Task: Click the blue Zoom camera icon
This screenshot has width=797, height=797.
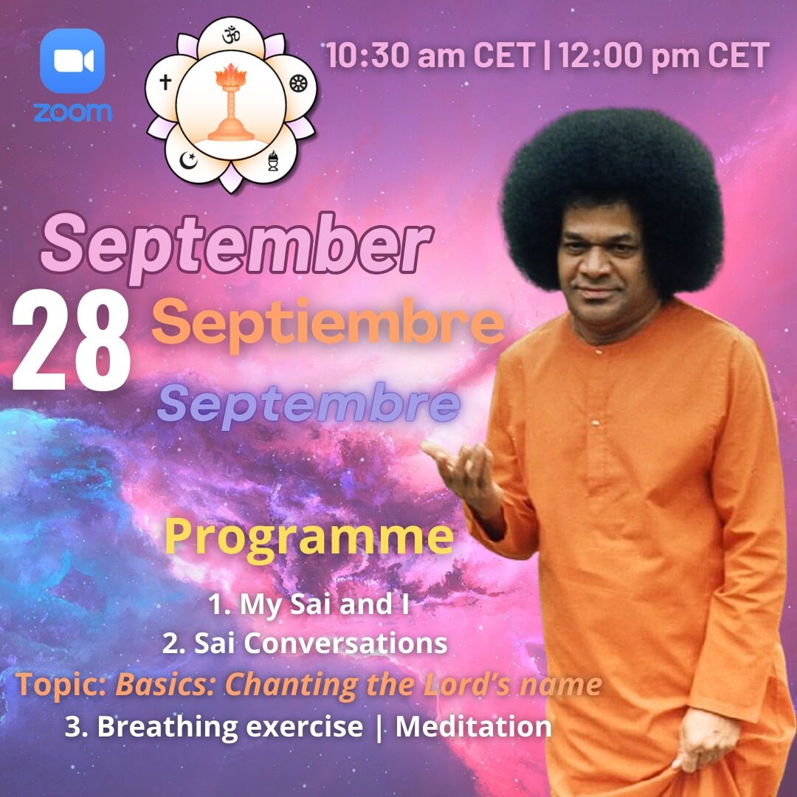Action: [x=72, y=61]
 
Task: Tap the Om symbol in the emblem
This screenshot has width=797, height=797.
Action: [x=231, y=35]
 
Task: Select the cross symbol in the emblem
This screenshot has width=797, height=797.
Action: [x=165, y=82]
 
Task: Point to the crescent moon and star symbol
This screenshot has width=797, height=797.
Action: [x=189, y=161]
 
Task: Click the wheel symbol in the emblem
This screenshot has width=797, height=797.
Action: [x=297, y=83]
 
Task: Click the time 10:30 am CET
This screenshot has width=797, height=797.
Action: [x=431, y=55]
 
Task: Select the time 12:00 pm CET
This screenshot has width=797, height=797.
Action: [x=664, y=55]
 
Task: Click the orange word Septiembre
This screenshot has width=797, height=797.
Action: [x=328, y=324]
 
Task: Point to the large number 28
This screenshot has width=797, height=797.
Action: [x=71, y=340]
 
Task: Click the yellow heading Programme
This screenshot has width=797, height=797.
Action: [x=308, y=538]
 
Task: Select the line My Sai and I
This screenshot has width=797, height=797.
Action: [x=308, y=604]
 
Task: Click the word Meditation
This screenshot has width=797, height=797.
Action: [x=473, y=726]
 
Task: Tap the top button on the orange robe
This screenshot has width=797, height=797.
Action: [x=598, y=351]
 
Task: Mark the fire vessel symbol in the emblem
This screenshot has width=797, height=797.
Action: [x=273, y=161]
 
